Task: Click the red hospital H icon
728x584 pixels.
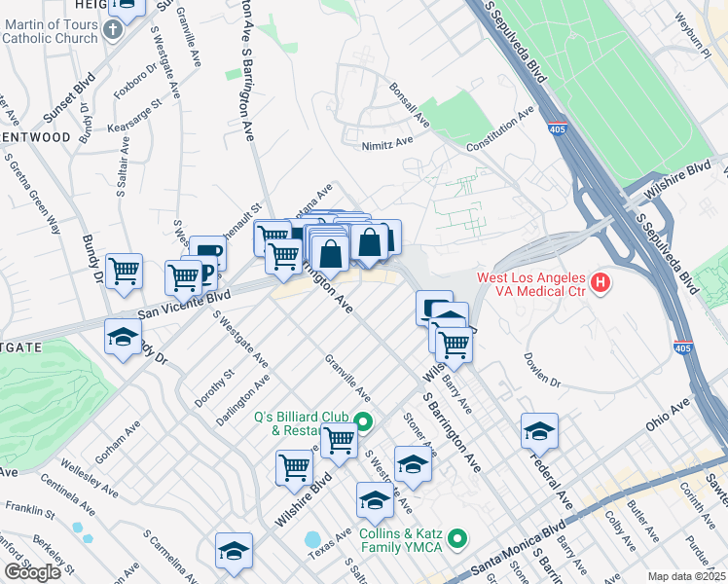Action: point(601,283)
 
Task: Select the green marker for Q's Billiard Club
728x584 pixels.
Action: point(363,422)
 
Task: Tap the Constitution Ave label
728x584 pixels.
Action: point(500,128)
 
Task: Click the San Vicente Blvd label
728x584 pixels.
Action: point(184,304)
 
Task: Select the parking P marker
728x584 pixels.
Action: point(207,255)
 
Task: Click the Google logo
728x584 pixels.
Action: point(32,571)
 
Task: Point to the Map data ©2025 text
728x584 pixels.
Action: point(685,576)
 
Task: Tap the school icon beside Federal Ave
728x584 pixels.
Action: point(539,430)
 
